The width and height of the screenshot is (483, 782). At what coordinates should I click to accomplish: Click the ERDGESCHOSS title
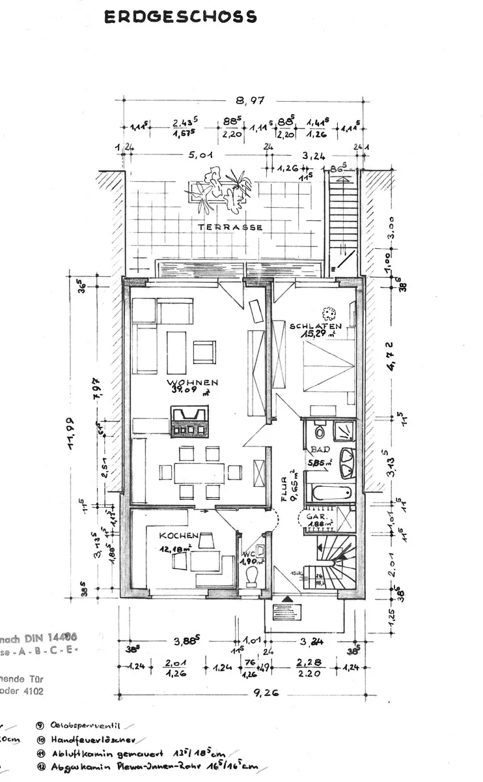pyautogui.click(x=180, y=18)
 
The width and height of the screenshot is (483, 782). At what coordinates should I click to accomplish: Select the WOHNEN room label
pyautogui.click(x=192, y=383)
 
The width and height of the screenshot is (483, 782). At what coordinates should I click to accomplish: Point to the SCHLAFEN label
pyautogui.click(x=316, y=326)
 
